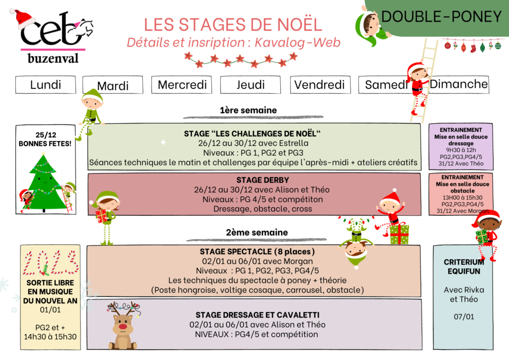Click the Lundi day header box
pos(45,85)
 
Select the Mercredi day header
pos(182,85)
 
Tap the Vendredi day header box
pos(320,85)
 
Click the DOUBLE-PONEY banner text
pos(441,16)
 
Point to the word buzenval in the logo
pos(53,59)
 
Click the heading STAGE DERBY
pos(262,180)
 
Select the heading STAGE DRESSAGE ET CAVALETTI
pos(257,315)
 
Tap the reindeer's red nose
pos(122,326)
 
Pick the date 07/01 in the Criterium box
pos(464,317)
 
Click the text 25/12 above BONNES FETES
pos(46,135)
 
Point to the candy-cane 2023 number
pos(50,262)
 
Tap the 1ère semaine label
pos(249,110)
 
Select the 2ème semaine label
pos(257,232)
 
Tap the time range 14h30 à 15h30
pos(50,337)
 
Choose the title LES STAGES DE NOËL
pos(233,25)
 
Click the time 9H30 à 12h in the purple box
pos(461,150)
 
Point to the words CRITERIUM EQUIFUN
pos(464,267)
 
